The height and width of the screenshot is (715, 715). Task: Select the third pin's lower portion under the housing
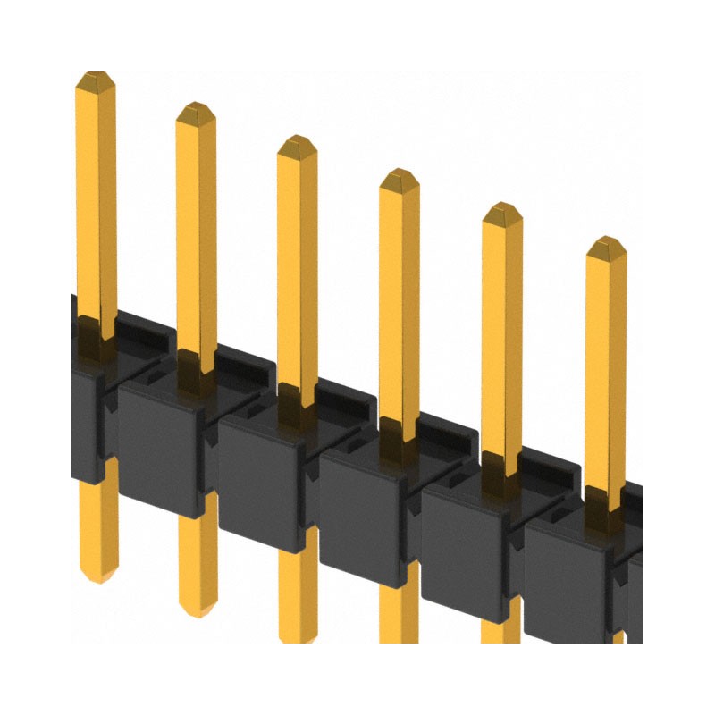click(x=298, y=599)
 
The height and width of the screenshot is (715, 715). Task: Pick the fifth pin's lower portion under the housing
click(x=500, y=630)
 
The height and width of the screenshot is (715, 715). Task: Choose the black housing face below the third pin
click(x=261, y=478)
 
